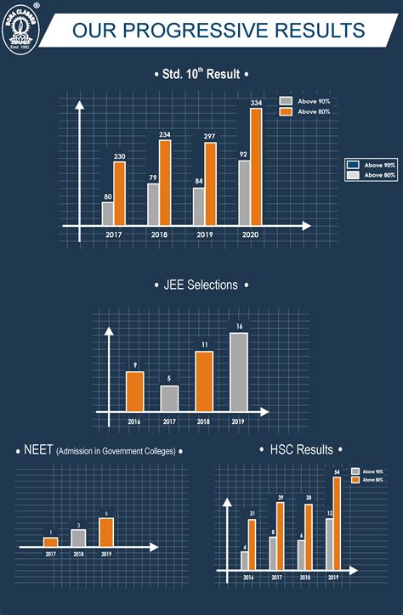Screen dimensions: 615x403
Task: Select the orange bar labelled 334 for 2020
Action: point(256,166)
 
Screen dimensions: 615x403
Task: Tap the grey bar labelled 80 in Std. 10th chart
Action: point(108,213)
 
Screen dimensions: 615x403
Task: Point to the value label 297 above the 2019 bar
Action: point(210,136)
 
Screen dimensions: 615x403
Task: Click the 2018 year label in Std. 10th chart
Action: point(159,234)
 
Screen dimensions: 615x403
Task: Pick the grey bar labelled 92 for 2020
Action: point(244,193)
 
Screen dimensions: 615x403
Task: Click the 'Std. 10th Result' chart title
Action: point(201,75)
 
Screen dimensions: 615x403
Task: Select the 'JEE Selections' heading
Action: point(201,285)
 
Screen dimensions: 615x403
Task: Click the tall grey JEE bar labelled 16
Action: point(239,372)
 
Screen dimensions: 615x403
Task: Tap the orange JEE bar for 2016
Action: point(135,391)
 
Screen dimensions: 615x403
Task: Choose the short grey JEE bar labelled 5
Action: point(170,398)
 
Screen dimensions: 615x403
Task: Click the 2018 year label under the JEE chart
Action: point(204,420)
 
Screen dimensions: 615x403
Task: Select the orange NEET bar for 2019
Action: point(106,532)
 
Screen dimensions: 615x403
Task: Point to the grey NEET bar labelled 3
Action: point(78,538)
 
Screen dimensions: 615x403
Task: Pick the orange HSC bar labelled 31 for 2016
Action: point(252,544)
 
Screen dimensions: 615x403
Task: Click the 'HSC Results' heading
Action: point(301,449)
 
